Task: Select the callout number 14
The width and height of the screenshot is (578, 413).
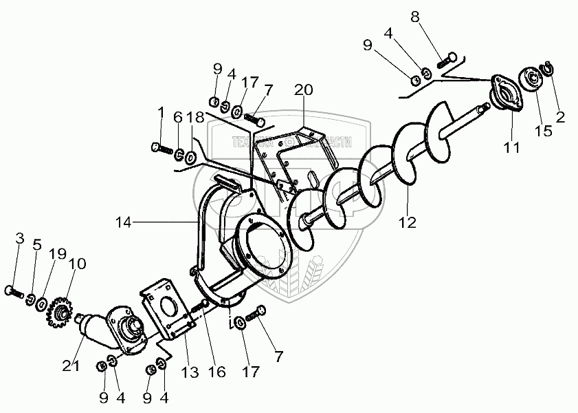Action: (124, 222)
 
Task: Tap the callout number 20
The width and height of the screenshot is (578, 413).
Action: (303, 90)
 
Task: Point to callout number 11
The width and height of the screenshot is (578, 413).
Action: (512, 147)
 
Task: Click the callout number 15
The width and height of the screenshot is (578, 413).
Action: (543, 131)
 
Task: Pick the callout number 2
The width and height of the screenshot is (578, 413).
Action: (560, 117)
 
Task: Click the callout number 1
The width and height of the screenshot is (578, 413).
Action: (161, 112)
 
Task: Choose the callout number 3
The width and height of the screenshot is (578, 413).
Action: (20, 239)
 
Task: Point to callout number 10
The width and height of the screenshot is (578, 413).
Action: (77, 264)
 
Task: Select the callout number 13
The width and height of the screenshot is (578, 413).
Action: (190, 372)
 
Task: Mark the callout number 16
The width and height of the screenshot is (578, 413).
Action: (216, 372)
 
